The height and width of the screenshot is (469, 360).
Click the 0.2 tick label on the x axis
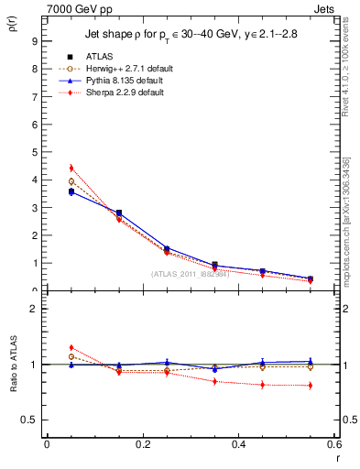143,444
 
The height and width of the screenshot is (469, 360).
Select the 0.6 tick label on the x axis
334,444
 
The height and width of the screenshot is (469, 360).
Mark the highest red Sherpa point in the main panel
71,169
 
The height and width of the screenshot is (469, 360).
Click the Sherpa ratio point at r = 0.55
311,386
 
